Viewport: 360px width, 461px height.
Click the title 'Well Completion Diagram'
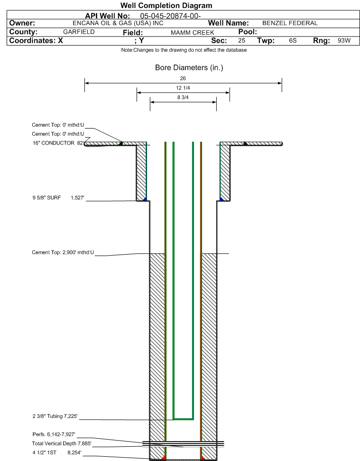pyautogui.click(x=166, y=6)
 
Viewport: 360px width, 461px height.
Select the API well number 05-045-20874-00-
pyautogui.click(x=170, y=16)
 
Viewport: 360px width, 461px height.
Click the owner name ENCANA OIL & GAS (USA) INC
pyautogui.click(x=118, y=23)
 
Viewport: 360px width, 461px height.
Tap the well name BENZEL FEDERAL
pyautogui.click(x=290, y=23)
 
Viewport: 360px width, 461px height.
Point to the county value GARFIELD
pyautogui.click(x=79, y=32)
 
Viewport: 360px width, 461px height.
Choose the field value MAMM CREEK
pyautogui.click(x=193, y=33)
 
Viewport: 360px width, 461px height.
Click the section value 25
pyautogui.click(x=241, y=41)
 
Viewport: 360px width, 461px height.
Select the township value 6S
pyautogui.click(x=293, y=41)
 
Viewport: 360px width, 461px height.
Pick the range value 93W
pyautogui.click(x=344, y=41)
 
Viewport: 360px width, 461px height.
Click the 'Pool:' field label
pyautogui.click(x=248, y=32)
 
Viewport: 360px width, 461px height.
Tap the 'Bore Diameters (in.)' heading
pyautogui.click(x=189, y=68)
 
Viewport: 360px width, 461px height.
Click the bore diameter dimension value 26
pyautogui.click(x=183, y=79)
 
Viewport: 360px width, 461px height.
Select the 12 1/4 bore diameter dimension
pyautogui.click(x=183, y=88)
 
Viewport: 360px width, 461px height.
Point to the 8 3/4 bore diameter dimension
pyautogui.click(x=183, y=97)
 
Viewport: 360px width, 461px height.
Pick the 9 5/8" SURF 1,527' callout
pyautogui.click(x=58, y=198)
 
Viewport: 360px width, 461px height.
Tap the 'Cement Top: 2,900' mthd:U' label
pyautogui.click(x=63, y=252)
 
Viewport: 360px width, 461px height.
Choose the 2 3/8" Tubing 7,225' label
pyautogui.click(x=55, y=416)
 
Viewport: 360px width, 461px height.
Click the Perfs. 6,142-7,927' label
pyautogui.click(x=54, y=434)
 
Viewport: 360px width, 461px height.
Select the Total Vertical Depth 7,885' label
pyautogui.click(x=62, y=443)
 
